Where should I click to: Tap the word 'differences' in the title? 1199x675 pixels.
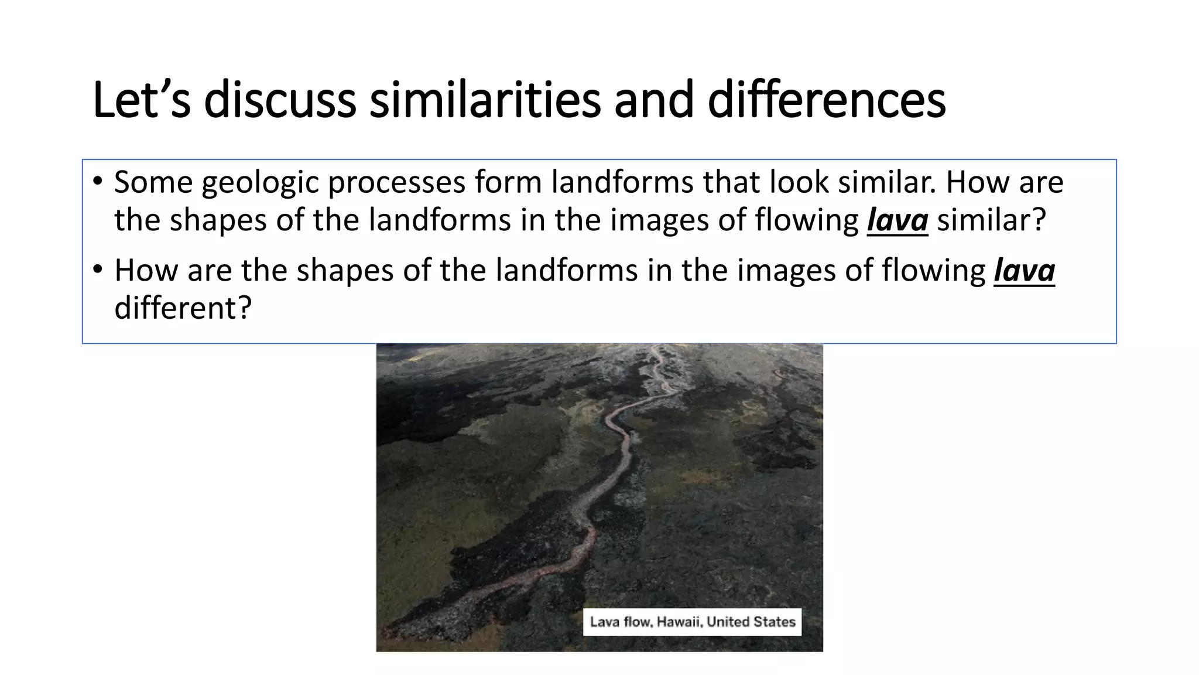coord(826,100)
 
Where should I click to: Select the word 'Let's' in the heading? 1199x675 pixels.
coord(141,100)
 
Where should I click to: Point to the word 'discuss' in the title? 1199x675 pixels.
coord(280,100)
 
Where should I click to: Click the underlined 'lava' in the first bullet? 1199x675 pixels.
coord(897,220)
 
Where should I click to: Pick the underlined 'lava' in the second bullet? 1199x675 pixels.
coord(1024,271)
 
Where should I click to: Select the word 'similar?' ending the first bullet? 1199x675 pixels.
coord(991,220)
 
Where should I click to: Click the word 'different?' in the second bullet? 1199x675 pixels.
coord(183,308)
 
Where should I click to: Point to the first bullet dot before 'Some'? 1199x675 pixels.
coord(98,181)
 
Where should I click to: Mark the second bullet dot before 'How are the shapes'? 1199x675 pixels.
coord(98,270)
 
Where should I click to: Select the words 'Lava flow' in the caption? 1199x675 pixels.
coord(621,622)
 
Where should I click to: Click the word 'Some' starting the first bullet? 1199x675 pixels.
coord(153,182)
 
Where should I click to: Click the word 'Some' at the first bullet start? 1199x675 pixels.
coord(153,182)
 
